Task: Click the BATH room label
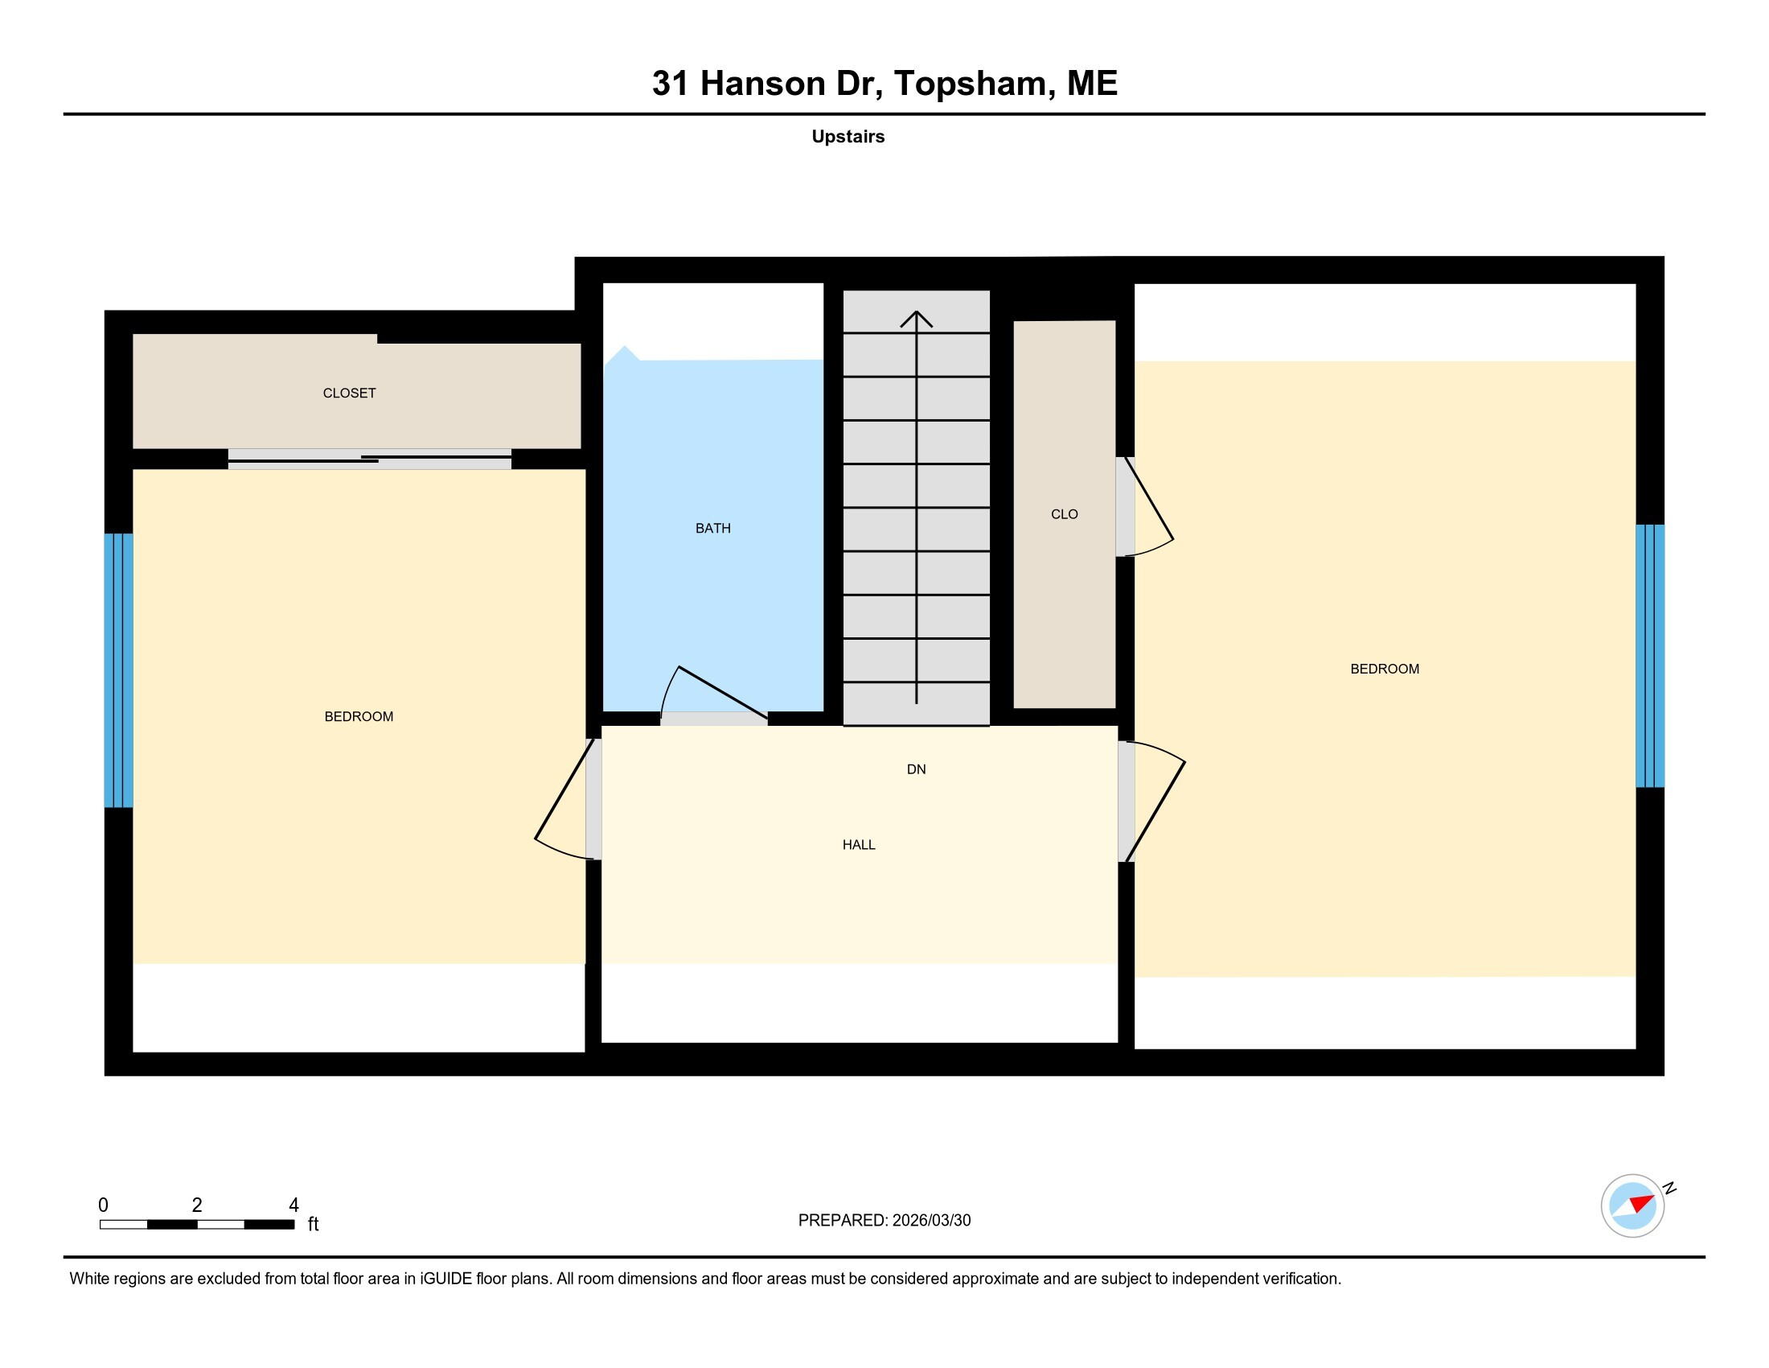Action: (712, 529)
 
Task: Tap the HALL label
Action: (859, 844)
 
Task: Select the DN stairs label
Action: (916, 769)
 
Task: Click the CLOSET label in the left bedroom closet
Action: (349, 393)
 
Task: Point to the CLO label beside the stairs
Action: (1065, 514)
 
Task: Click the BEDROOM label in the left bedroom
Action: (359, 716)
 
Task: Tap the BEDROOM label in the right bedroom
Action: (1385, 669)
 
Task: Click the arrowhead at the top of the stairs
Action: (916, 318)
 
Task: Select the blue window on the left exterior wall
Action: (118, 670)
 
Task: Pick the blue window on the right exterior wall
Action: (1650, 656)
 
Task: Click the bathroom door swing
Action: (712, 693)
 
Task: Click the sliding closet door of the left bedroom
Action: (369, 459)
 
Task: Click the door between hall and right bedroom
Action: (1154, 802)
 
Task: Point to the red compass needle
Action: (1642, 1203)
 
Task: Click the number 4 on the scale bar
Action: (294, 1205)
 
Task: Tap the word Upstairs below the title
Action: (848, 136)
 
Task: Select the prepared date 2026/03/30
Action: (931, 1221)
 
